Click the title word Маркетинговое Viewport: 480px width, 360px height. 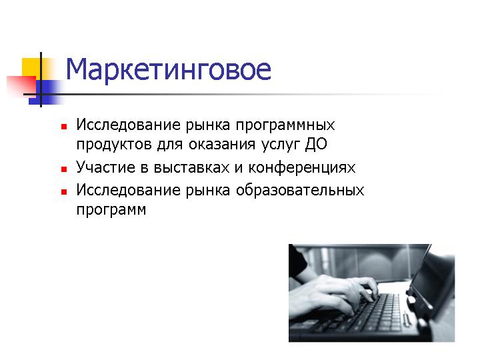tap(169, 69)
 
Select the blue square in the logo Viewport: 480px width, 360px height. tap(46, 92)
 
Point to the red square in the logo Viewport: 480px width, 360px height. tap(21, 86)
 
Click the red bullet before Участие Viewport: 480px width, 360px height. tap(64, 169)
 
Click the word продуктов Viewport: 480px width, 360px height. tap(114, 145)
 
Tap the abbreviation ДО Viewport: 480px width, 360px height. tap(316, 144)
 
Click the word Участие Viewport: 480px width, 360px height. tap(105, 167)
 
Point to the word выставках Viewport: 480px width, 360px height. tap(191, 167)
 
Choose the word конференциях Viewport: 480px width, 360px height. tap(301, 169)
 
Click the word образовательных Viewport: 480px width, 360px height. tap(300, 191)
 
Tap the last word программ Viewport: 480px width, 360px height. tap(111, 211)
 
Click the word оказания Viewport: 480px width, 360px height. tap(222, 144)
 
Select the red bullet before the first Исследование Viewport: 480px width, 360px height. tap(64, 127)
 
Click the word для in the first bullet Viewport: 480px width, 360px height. tap(170, 145)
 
